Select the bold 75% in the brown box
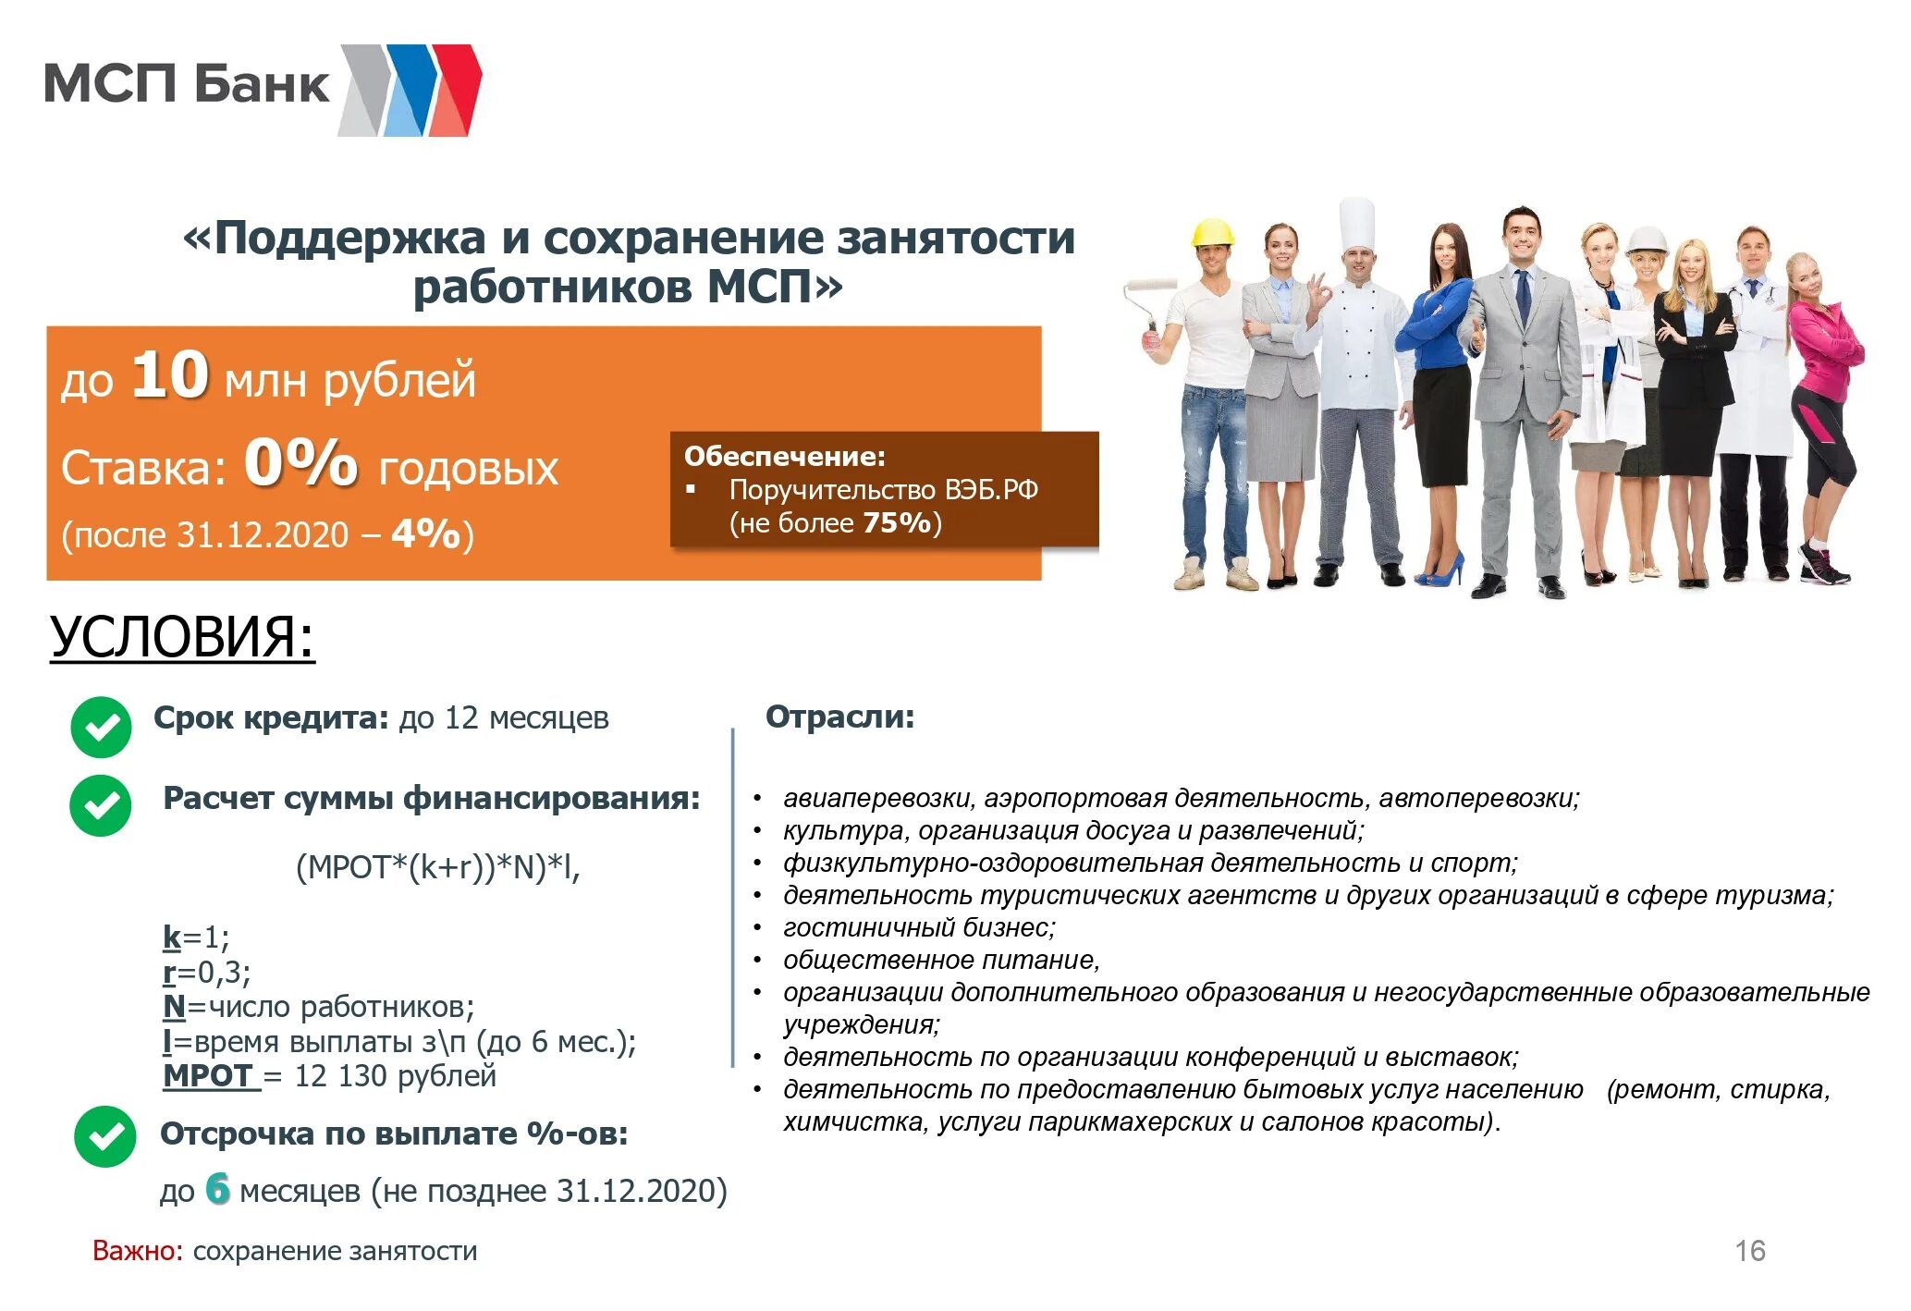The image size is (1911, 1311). (x=896, y=523)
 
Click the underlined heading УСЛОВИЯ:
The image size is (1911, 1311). (x=182, y=637)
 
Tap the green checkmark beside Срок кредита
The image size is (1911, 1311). (x=101, y=727)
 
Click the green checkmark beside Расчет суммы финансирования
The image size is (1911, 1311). (x=101, y=805)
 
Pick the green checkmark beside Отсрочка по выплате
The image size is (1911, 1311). (x=104, y=1136)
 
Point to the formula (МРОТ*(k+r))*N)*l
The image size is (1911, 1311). (x=437, y=867)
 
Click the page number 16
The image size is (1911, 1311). (x=1749, y=1251)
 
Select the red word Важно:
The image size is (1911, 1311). (x=138, y=1251)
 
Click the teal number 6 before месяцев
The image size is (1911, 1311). (x=217, y=1189)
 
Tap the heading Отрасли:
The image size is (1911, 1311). (x=839, y=717)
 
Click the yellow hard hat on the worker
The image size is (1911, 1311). (x=1212, y=233)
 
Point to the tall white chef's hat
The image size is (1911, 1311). (x=1356, y=225)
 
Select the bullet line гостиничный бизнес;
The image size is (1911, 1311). (x=919, y=927)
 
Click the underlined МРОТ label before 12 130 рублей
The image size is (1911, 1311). (x=209, y=1076)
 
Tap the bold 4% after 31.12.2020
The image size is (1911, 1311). (x=425, y=534)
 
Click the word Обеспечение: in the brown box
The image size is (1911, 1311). (x=784, y=456)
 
